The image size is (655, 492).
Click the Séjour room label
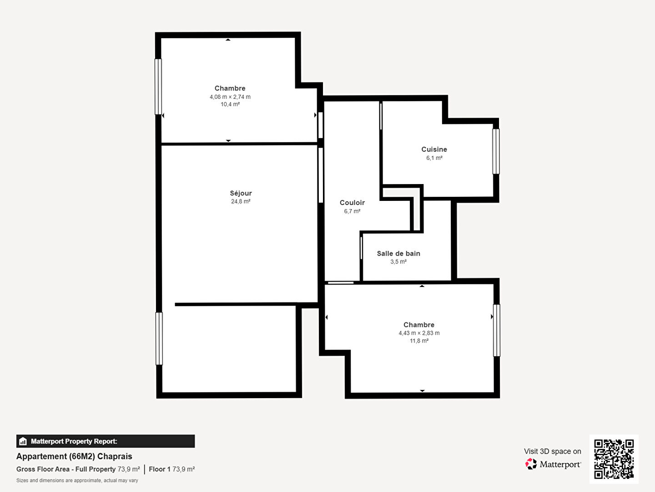coord(241,193)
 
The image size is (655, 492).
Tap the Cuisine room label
coord(434,149)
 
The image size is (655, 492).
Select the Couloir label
coord(352,203)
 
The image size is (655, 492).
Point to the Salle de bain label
coord(398,254)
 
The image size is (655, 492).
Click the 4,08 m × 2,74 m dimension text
coord(230,97)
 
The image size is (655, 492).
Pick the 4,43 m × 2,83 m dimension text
coord(419,333)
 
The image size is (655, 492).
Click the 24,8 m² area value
coord(241,201)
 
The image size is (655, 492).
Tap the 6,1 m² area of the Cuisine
coord(434,158)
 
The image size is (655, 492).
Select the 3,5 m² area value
coord(398,261)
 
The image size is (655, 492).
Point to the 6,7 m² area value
coord(352,211)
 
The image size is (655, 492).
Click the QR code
coord(614,459)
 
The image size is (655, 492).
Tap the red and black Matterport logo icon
coord(531,464)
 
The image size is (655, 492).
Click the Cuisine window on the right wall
coord(496,151)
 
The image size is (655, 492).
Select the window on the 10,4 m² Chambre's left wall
coord(158,87)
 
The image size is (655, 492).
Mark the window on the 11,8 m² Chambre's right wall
coord(497,330)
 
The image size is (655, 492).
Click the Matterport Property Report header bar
coord(106,441)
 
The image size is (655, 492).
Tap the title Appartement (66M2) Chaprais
coord(74,456)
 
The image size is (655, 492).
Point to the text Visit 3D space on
coord(552,451)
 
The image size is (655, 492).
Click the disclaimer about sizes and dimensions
coord(77,480)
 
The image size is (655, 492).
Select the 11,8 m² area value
coord(419,341)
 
